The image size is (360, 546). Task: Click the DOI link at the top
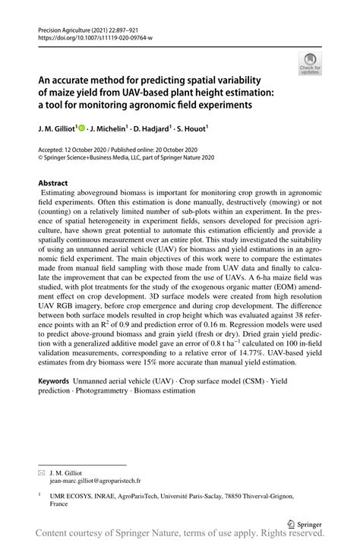click(95, 37)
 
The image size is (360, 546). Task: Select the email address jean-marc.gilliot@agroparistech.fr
click(95, 480)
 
